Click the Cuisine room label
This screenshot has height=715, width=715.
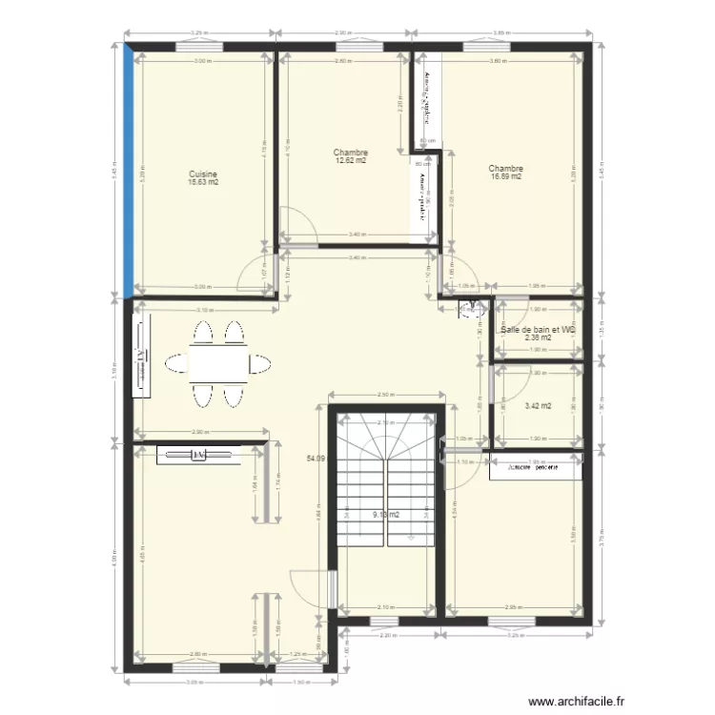203,174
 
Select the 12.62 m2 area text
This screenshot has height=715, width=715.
351,161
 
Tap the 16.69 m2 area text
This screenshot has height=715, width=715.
506,176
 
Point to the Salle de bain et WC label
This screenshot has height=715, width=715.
538,330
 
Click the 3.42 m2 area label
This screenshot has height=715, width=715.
538,405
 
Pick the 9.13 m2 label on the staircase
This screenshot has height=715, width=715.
385,515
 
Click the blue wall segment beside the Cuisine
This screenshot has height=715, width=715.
130,172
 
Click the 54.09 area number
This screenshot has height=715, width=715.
316,460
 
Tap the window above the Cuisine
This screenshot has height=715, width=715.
199,45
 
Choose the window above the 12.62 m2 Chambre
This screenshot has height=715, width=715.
344,45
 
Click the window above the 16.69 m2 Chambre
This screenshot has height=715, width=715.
487,45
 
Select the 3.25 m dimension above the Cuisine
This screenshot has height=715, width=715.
199,33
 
